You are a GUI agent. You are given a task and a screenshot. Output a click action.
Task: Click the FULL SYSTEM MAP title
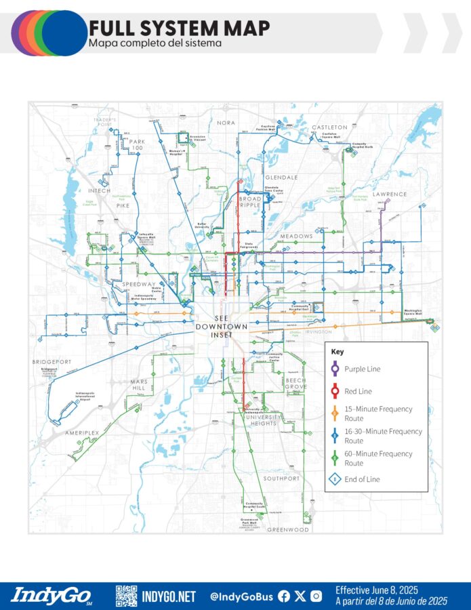(179, 28)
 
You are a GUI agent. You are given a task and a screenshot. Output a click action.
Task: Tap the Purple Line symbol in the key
(335, 369)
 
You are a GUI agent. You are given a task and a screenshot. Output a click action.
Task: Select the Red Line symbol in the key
(335, 392)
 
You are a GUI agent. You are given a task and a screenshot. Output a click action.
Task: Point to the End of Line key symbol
(335, 479)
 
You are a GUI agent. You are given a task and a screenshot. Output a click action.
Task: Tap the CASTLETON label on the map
(329, 127)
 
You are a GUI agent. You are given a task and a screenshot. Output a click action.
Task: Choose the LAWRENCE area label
(390, 194)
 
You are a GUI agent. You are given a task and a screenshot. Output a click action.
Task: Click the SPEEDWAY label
(139, 284)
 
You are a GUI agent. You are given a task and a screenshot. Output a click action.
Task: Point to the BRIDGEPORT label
(52, 362)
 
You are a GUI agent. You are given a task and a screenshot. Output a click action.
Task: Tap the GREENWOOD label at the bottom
(288, 529)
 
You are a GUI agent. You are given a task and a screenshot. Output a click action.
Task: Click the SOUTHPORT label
(281, 479)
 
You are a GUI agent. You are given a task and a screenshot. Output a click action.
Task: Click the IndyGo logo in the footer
(52, 596)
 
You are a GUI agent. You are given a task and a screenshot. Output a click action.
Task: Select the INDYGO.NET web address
(169, 596)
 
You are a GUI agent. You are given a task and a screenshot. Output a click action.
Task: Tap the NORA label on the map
(226, 123)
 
